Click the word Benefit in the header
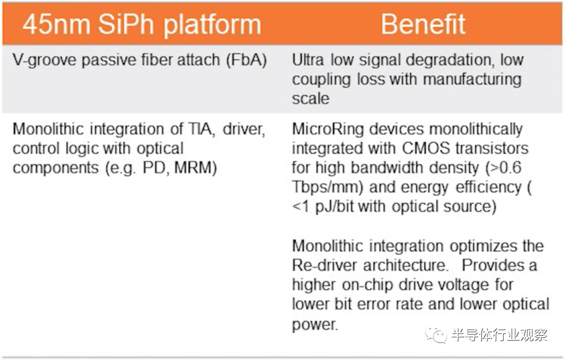point(423,24)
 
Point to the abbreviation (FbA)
point(247,60)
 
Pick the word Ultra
point(307,60)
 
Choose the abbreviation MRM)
point(196,168)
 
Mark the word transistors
point(492,148)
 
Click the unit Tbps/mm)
point(327,187)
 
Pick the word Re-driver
point(325,265)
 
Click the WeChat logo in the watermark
point(436,335)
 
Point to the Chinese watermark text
point(499,335)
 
